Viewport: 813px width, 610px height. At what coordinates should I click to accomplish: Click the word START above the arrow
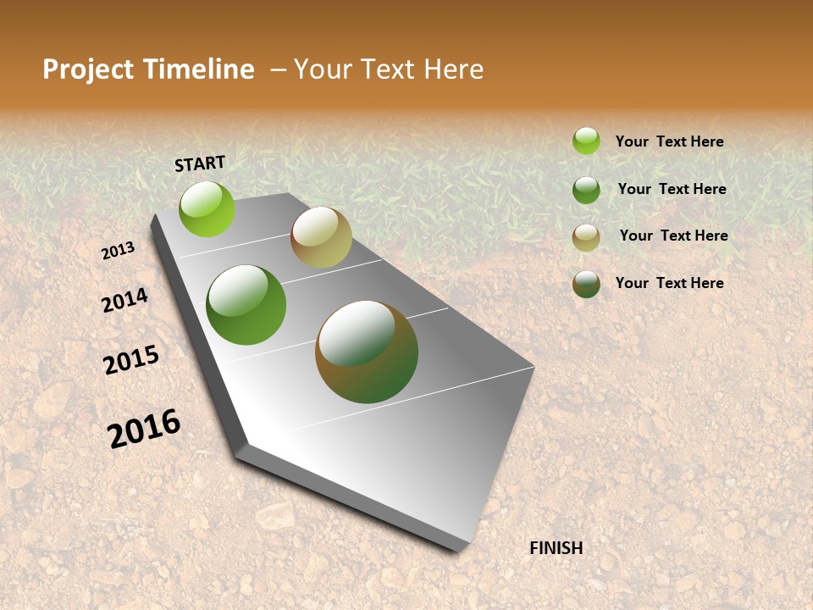click(200, 164)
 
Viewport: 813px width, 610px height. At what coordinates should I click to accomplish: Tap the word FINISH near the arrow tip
click(556, 548)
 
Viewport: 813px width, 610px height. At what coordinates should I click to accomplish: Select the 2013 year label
click(119, 251)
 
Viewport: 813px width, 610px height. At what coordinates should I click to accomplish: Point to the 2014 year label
click(125, 300)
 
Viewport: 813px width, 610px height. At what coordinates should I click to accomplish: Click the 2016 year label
click(145, 429)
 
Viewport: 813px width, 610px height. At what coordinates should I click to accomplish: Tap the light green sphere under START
click(207, 209)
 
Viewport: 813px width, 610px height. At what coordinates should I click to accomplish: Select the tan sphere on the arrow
click(321, 237)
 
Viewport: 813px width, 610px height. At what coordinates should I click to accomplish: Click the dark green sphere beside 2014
click(246, 305)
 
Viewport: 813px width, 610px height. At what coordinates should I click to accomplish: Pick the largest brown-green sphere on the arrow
click(367, 352)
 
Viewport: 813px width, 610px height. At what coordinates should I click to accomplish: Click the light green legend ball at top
click(586, 141)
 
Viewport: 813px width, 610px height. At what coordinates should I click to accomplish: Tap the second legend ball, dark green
click(586, 190)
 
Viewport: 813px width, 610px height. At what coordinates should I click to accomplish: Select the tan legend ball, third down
click(586, 237)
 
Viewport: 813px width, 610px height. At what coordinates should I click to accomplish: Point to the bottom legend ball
click(586, 284)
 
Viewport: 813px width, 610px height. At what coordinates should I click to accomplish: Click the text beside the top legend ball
click(669, 141)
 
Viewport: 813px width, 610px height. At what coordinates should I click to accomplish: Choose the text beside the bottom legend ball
click(669, 283)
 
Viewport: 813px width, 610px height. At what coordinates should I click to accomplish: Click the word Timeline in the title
click(199, 69)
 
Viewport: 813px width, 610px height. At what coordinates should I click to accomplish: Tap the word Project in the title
click(87, 69)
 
